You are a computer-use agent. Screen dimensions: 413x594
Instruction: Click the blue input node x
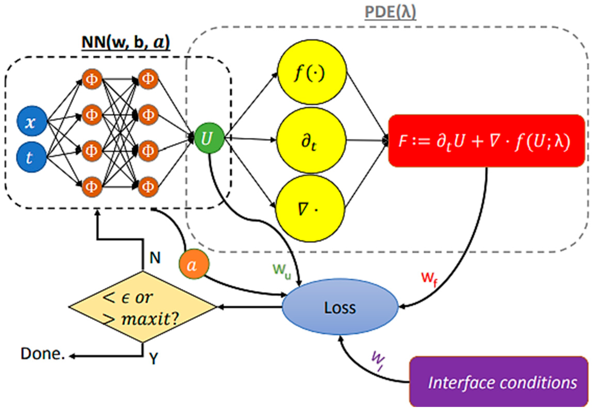pyautogui.click(x=32, y=121)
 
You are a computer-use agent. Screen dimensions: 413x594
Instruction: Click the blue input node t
pyautogui.click(x=32, y=157)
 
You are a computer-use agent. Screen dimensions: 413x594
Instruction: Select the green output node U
pyautogui.click(x=209, y=139)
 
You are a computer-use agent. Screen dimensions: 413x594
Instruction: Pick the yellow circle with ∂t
pyautogui.click(x=311, y=140)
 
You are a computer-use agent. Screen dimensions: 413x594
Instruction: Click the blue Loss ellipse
pyautogui.click(x=340, y=307)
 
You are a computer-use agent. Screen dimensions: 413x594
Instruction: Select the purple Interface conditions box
pyautogui.click(x=498, y=382)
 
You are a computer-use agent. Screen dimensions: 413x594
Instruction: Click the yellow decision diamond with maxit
pyautogui.click(x=142, y=307)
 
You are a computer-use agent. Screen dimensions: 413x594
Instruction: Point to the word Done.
pyautogui.click(x=43, y=354)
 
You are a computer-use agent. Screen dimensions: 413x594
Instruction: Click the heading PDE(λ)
pyautogui.click(x=390, y=12)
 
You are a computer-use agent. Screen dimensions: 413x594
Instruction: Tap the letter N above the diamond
pyautogui.click(x=155, y=258)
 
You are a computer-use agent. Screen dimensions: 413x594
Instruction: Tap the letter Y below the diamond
pyautogui.click(x=153, y=358)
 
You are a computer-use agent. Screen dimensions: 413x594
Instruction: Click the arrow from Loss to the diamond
pyautogui.click(x=250, y=307)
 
